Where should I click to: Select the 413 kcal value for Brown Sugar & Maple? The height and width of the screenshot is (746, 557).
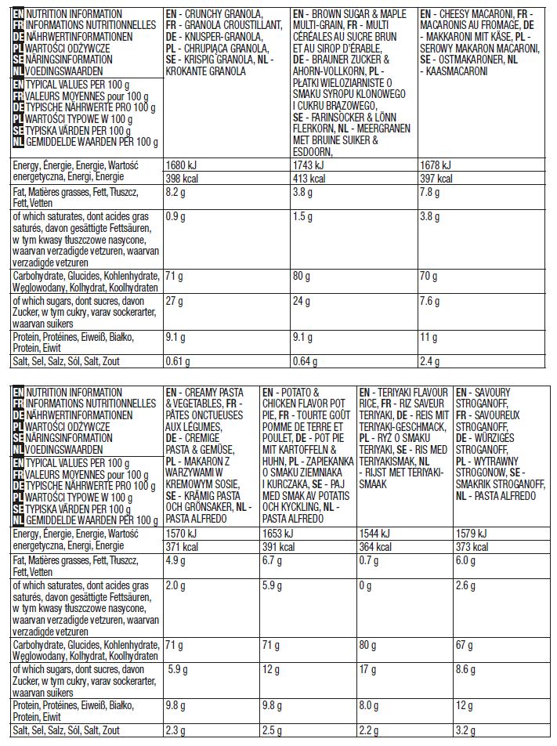point(306,179)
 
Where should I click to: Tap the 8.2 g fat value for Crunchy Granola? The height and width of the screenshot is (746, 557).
point(177,192)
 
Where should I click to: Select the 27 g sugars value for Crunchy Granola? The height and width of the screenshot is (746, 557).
point(175,303)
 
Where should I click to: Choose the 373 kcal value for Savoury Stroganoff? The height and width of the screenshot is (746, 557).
point(472,547)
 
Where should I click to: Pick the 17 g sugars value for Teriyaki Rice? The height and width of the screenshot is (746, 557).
point(367,672)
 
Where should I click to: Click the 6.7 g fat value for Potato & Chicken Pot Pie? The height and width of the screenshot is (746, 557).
point(273,560)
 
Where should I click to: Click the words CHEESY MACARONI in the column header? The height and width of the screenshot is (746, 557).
point(477,16)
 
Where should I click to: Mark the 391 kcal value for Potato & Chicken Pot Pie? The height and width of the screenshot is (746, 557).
point(276,547)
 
